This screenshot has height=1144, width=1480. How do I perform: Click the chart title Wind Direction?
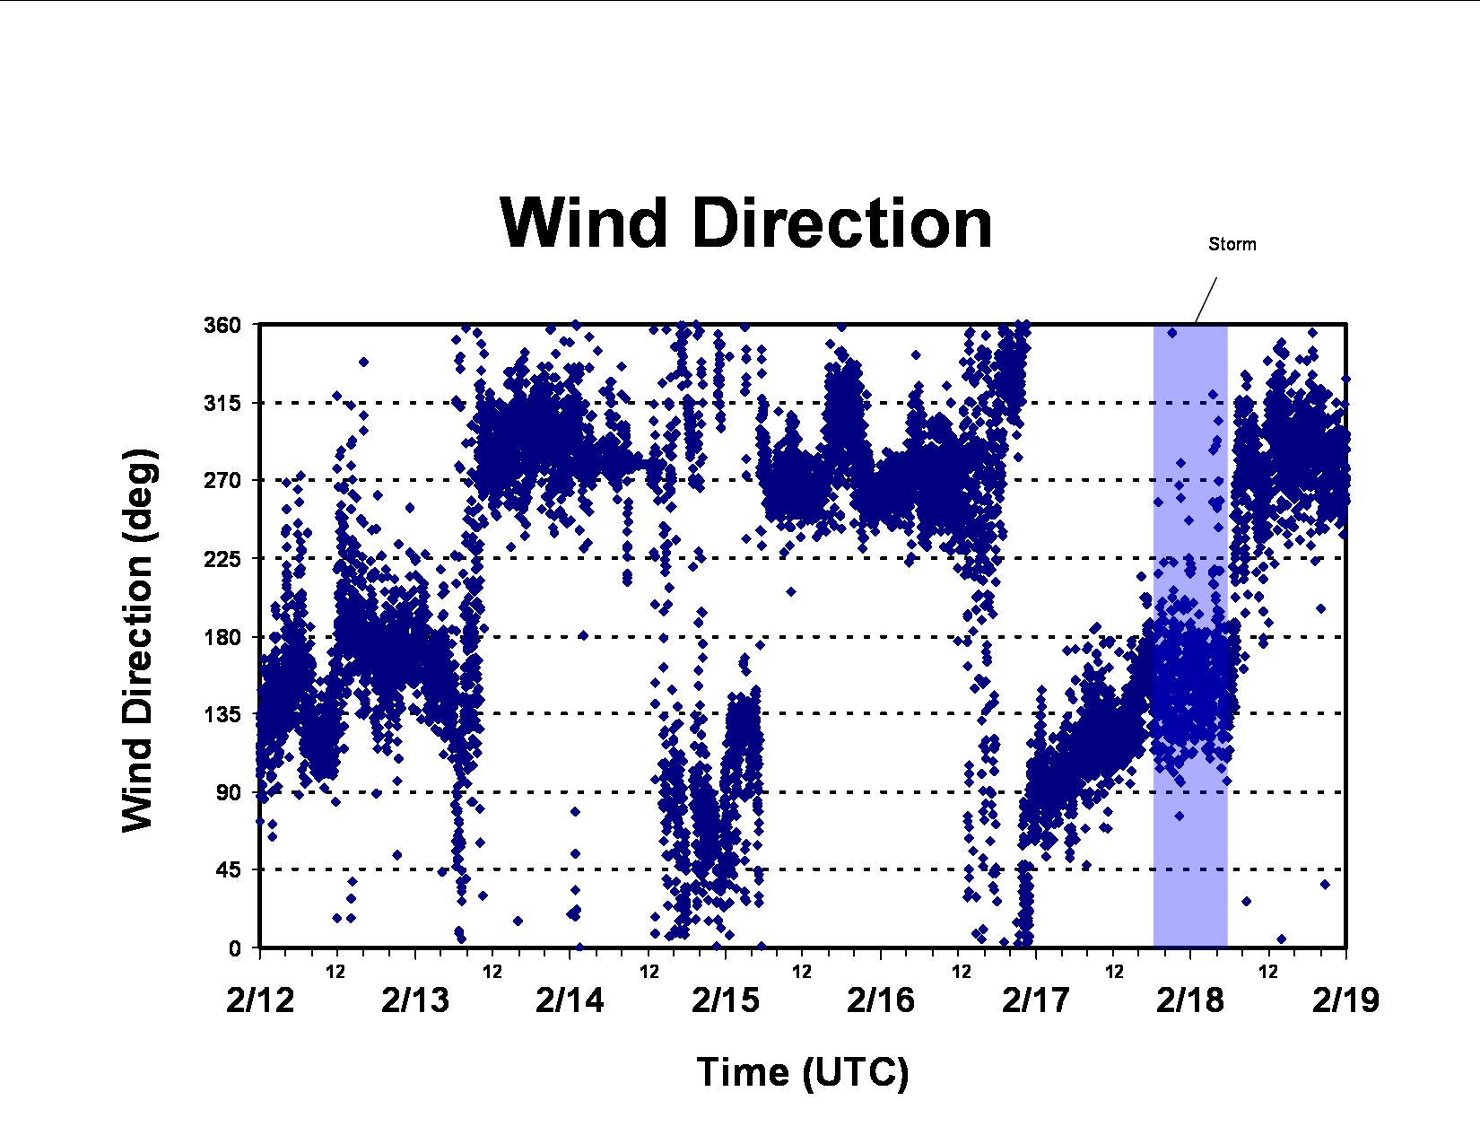pyautogui.click(x=745, y=223)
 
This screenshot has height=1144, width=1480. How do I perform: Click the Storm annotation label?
pyautogui.click(x=1232, y=244)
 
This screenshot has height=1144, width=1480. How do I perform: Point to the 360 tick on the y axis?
pyautogui.click(x=222, y=325)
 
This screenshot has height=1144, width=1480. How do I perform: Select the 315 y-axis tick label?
pyautogui.click(x=222, y=403)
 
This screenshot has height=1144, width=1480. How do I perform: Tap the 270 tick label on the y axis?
pyautogui.click(x=222, y=480)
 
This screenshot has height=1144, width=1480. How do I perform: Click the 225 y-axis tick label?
pyautogui.click(x=222, y=559)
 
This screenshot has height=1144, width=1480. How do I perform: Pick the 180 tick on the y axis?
pyautogui.click(x=222, y=637)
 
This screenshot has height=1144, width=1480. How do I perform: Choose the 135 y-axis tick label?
pyautogui.click(x=222, y=714)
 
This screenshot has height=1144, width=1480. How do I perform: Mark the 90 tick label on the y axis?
pyautogui.click(x=230, y=792)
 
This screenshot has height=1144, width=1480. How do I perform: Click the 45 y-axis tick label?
pyautogui.click(x=230, y=870)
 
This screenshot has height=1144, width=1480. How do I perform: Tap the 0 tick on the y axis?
pyautogui.click(x=236, y=948)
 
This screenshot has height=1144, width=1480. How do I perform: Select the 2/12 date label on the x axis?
pyautogui.click(x=260, y=1000)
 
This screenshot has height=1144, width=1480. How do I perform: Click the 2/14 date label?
pyautogui.click(x=570, y=1000)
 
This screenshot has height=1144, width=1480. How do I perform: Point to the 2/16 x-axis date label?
pyautogui.click(x=881, y=1000)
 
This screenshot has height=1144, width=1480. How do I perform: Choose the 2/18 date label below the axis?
pyautogui.click(x=1190, y=1000)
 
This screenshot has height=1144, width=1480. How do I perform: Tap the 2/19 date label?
pyautogui.click(x=1345, y=1000)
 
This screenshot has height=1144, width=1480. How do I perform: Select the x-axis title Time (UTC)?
pyautogui.click(x=802, y=1072)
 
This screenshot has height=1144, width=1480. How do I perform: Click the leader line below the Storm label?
pyautogui.click(x=1206, y=300)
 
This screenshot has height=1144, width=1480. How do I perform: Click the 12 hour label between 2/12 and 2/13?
pyautogui.click(x=335, y=972)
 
